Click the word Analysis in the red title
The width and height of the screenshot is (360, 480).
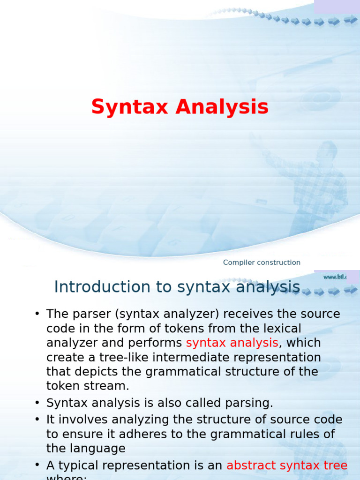coord(222,107)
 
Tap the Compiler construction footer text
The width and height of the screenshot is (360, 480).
coord(262,262)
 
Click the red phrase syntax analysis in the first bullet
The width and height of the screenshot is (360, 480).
coord(232,343)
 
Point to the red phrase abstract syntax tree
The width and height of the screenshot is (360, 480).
coord(287,465)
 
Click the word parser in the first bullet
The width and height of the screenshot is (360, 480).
coord(90,314)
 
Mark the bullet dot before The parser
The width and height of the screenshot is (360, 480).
coord(37,314)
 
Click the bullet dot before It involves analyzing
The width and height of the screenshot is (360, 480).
coord(37,420)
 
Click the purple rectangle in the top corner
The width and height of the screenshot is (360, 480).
coord(337,7)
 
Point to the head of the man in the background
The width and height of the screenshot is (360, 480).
coord(327,151)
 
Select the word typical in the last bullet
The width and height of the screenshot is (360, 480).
coord(82,465)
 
